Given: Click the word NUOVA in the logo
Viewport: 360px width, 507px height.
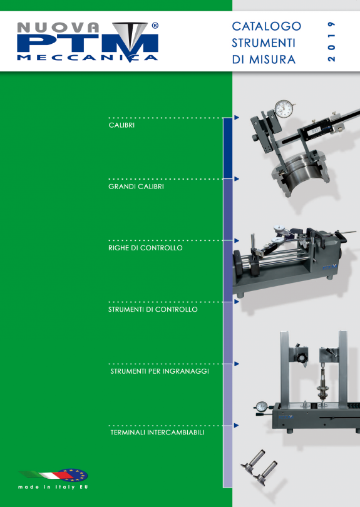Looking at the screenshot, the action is (58, 28).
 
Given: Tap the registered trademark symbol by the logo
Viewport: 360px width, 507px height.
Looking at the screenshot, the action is (155, 26).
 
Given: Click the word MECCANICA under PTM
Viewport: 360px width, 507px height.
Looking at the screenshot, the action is (87, 58).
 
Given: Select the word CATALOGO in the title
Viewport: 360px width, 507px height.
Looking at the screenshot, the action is (267, 26).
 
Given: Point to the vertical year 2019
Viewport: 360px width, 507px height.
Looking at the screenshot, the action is (331, 41).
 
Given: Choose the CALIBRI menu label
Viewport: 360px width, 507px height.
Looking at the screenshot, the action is (121, 125).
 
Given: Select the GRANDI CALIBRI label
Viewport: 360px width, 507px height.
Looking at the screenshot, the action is (136, 187).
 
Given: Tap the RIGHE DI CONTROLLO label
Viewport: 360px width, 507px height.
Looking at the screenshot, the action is (145, 248).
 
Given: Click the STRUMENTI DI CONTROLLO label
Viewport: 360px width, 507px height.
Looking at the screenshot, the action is (153, 309).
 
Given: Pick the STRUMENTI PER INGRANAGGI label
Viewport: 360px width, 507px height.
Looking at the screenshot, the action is (160, 371).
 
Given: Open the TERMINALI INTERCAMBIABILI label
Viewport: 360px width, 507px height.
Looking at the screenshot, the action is (158, 433).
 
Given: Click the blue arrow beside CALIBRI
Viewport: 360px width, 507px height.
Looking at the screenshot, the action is (237, 118).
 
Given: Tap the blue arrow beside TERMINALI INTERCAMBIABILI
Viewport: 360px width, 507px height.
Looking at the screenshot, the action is (237, 425).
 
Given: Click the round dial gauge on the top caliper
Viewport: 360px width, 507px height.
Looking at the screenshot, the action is (285, 109).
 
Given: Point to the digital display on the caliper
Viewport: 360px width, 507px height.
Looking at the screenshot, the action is (314, 131).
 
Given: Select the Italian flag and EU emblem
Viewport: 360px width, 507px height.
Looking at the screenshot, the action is (54, 475).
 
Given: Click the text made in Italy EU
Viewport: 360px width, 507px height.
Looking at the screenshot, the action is (53, 487).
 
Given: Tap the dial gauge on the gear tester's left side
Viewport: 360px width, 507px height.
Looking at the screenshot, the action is (261, 406).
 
